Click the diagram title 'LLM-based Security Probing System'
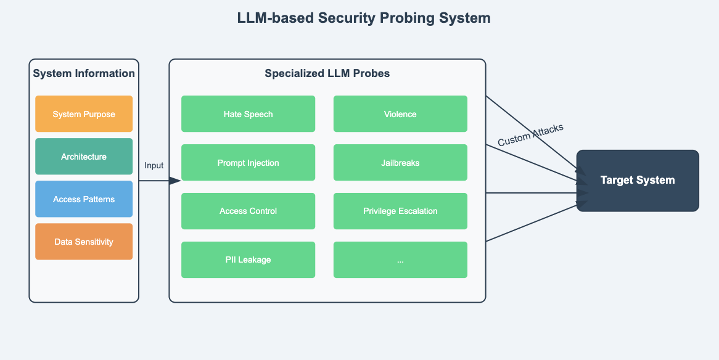click(364, 18)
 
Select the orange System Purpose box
click(84, 114)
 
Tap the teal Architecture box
click(84, 157)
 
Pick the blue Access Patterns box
click(84, 199)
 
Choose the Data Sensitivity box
click(84, 242)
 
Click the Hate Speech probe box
click(248, 114)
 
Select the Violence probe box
click(400, 114)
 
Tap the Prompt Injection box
click(248, 163)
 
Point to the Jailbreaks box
click(400, 163)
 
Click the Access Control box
click(248, 211)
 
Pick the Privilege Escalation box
click(400, 211)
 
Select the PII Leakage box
click(248, 260)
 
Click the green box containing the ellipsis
click(400, 260)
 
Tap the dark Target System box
click(638, 181)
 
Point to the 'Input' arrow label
click(154, 165)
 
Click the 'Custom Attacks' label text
click(530, 135)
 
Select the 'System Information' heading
click(84, 74)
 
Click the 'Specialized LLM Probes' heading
click(327, 74)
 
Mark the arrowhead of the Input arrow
click(175, 181)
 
